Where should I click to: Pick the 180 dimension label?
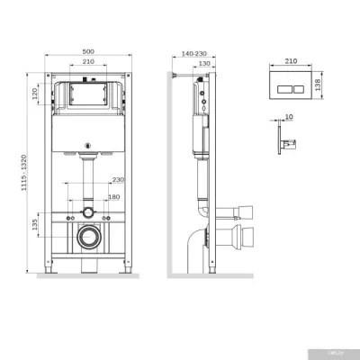(113, 197)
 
